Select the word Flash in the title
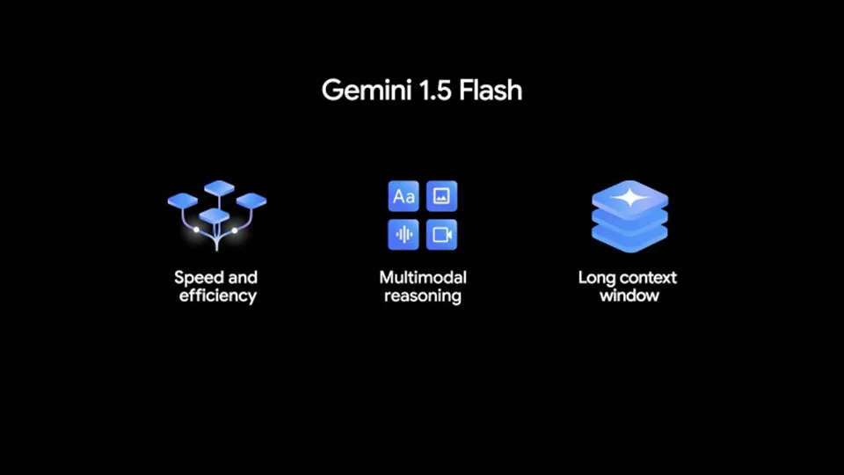[x=491, y=90]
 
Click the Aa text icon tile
[x=404, y=196]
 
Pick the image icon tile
[x=442, y=196]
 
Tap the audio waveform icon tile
[x=404, y=235]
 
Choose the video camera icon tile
[x=442, y=235]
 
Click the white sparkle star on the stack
[x=630, y=198]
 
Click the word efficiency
[x=217, y=296]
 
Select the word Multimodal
[x=423, y=277]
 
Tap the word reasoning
[x=423, y=296]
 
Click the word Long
[x=596, y=279]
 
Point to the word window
[x=629, y=296]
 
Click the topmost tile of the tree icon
[x=219, y=188]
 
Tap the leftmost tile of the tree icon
[x=183, y=201]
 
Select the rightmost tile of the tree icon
[x=251, y=201]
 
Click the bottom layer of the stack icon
[x=629, y=239]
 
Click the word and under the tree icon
[x=243, y=277]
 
